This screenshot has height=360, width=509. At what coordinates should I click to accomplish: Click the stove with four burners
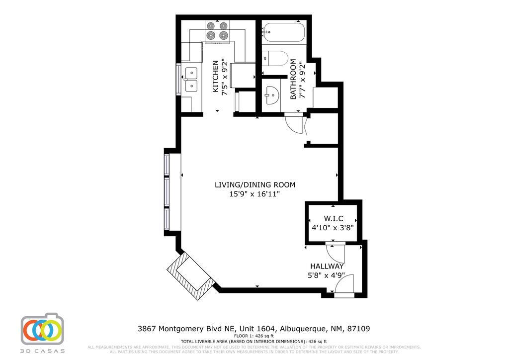pos(217,31)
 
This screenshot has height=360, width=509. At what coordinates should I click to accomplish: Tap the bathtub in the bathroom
pos(283,32)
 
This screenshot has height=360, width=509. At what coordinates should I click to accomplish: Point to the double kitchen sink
pos(191,80)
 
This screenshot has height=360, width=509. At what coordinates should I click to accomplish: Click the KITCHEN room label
pos(215,77)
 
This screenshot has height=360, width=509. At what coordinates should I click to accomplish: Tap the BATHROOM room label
pos(293,80)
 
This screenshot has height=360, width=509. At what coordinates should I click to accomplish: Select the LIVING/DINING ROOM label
pos(254,185)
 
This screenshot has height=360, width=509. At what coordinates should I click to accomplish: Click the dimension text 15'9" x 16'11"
pos(254,194)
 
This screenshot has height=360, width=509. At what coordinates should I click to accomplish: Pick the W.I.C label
pos(333,219)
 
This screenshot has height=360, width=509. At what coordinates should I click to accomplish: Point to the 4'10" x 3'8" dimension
pos(333,228)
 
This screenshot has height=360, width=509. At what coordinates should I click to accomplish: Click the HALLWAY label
pos(327,267)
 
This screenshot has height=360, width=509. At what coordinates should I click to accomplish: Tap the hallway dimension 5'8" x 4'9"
pos(327,275)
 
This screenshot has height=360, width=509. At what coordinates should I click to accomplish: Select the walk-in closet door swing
pos(337,254)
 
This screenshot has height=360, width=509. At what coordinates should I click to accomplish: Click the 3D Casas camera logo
pos(42,329)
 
